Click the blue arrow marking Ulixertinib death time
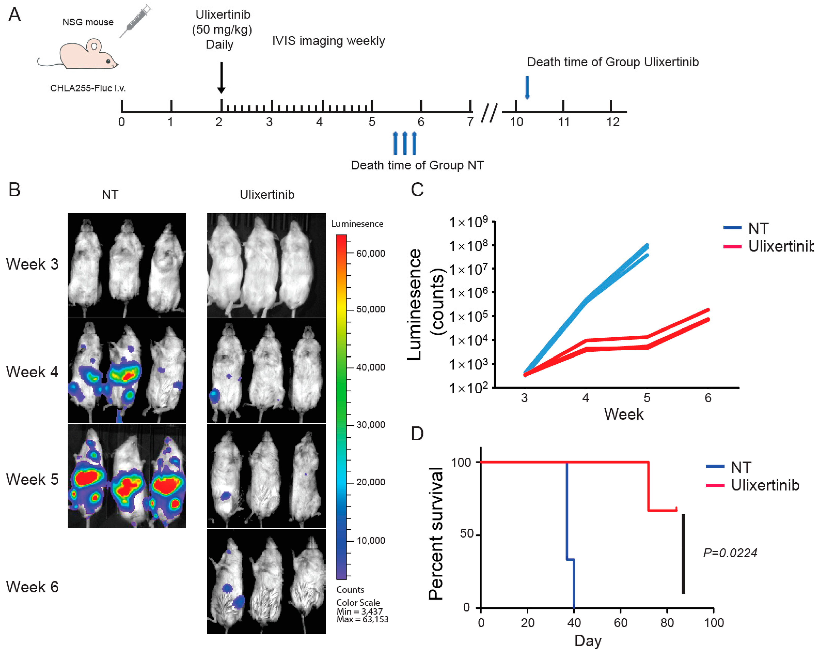pos(527,87)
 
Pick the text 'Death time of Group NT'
pos(417,165)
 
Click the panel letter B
pos(14,189)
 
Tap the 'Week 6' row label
pos(32,587)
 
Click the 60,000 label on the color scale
pos(370,253)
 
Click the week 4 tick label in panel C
pos(585,398)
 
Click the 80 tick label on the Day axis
pos(667,623)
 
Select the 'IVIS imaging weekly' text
pos(328,41)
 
